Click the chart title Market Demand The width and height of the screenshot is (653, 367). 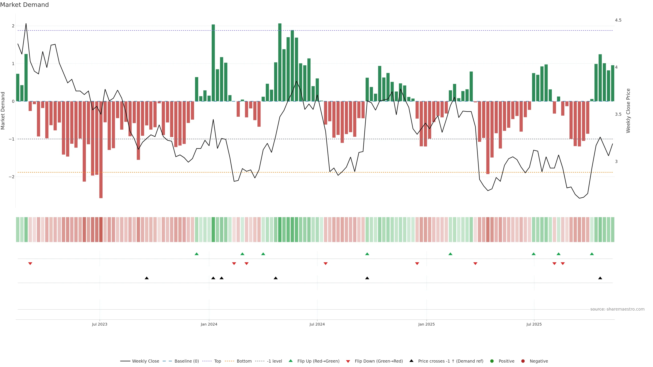coord(24,5)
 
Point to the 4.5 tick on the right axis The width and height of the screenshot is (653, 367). coord(618,20)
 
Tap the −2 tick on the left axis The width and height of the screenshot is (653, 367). coord(11,177)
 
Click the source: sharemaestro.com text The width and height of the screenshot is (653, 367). coord(617,309)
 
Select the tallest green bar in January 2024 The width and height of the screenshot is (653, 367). coord(213,63)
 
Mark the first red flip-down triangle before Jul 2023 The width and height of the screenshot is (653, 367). coord(30,264)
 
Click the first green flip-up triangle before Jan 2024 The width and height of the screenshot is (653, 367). coord(196,254)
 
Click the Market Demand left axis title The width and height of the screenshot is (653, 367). coord(3,111)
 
